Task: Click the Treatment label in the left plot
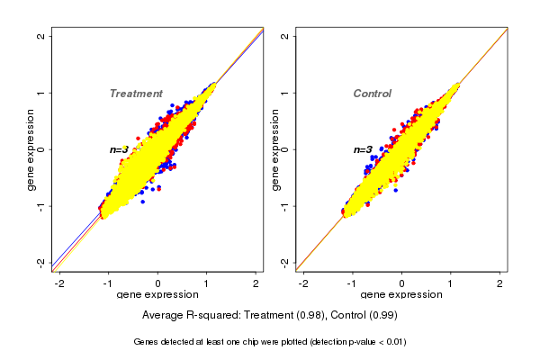pos(136,94)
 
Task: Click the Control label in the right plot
pos(372,94)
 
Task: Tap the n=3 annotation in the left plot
pos(120,149)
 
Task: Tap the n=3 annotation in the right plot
pos(363,149)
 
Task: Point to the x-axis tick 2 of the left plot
pos(256,283)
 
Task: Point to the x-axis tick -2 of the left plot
pos(59,283)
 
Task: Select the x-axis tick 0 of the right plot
pos(402,283)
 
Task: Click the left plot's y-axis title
pos(31,149)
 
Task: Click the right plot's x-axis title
pos(402,295)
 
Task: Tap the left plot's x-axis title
pos(157,295)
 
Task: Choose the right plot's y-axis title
pos(274,149)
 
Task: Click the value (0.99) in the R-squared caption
pos(382,316)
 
